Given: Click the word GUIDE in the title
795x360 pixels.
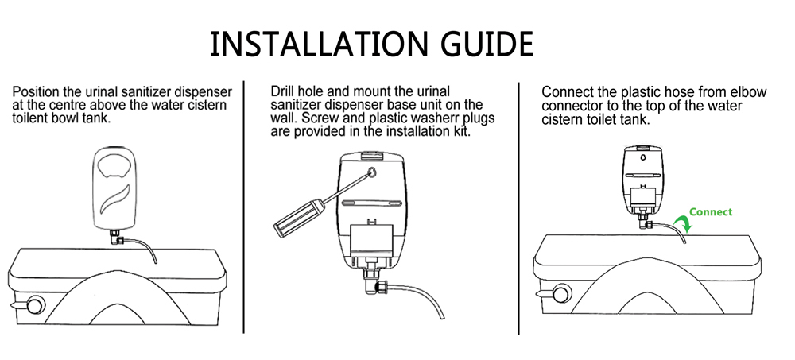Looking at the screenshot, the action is click(x=487, y=44).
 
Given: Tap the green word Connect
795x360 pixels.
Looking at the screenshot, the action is click(x=711, y=212).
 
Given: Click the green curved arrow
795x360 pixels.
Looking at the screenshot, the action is click(x=681, y=222).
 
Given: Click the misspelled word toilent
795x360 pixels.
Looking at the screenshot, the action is click(x=29, y=118).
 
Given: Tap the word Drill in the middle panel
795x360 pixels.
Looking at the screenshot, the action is click(x=282, y=91).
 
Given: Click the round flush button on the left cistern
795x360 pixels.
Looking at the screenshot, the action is click(x=36, y=306).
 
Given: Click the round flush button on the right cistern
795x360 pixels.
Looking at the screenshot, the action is click(x=562, y=293).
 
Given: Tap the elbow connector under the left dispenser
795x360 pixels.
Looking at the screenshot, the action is click(x=115, y=236).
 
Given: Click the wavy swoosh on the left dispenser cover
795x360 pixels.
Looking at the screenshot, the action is click(x=114, y=198).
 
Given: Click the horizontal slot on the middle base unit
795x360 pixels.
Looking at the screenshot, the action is click(x=371, y=203).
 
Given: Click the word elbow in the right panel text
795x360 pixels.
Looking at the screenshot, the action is click(x=748, y=92).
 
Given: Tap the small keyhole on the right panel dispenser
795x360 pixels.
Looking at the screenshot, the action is click(x=642, y=157).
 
